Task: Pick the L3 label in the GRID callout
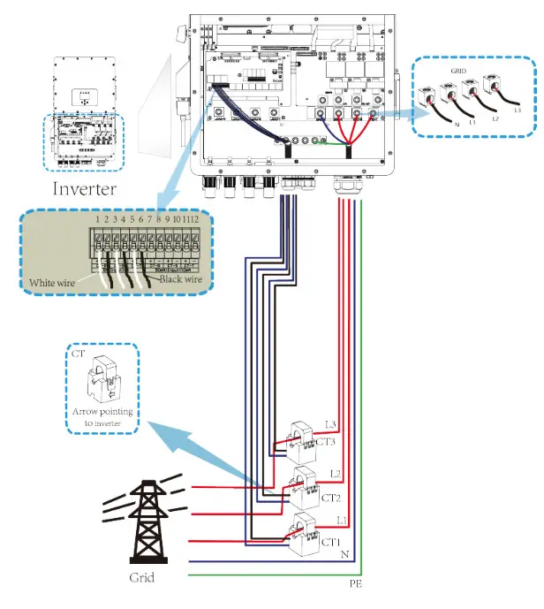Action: click(518, 111)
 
